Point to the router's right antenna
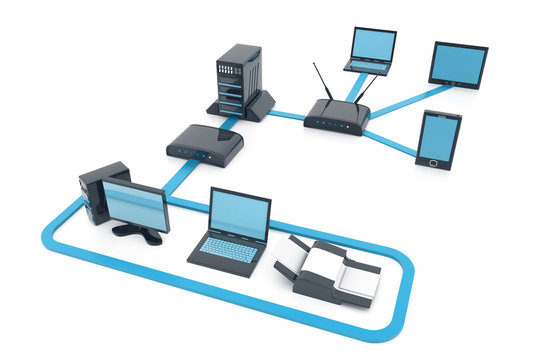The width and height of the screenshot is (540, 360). pos(367,87)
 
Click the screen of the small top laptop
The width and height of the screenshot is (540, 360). pos(372,45)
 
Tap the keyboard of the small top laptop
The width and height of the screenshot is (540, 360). pos(367,65)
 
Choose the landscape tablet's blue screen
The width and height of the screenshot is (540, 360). pos(458,64)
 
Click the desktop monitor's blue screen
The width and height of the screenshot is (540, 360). pos(134,206)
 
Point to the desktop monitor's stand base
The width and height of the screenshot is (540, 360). pos(137,234)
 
